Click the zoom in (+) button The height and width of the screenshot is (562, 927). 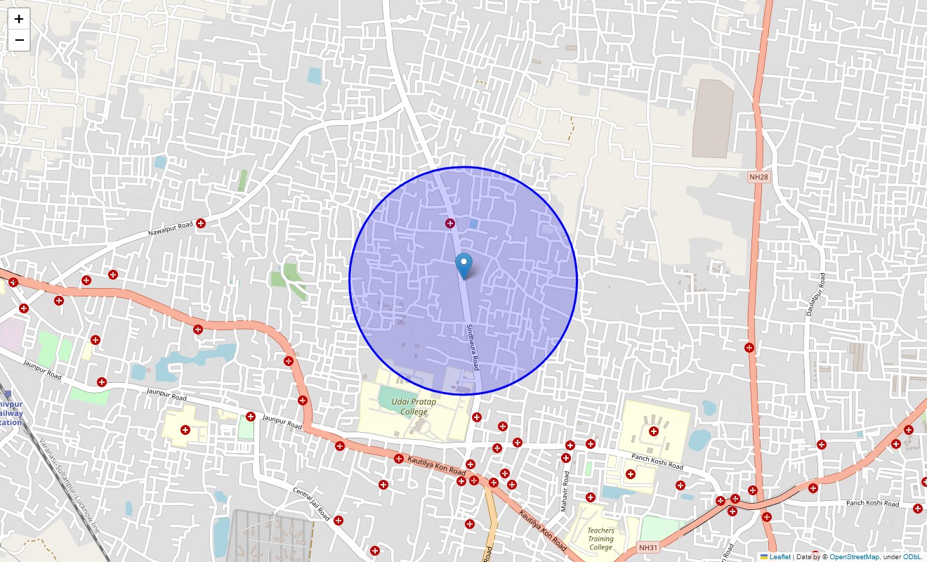click(19, 19)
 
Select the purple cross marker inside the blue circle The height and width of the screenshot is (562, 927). click(450, 223)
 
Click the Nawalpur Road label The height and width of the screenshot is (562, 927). click(170, 229)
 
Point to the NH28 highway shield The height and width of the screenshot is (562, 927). click(758, 177)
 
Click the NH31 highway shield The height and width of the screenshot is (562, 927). click(648, 547)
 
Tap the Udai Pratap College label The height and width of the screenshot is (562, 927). click(414, 407)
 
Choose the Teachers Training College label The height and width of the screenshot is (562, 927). click(600, 539)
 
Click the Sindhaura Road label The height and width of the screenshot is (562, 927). click(472, 348)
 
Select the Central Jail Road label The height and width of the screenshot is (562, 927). click(311, 504)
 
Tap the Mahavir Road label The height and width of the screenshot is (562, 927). click(564, 491)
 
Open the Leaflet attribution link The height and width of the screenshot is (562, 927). click(780, 556)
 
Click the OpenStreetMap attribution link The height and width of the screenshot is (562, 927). click(854, 556)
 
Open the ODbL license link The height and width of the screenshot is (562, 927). click(912, 556)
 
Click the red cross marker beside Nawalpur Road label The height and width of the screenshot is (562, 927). click(201, 223)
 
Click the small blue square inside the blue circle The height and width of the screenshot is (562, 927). click(473, 224)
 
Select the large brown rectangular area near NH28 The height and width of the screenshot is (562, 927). click(712, 119)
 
